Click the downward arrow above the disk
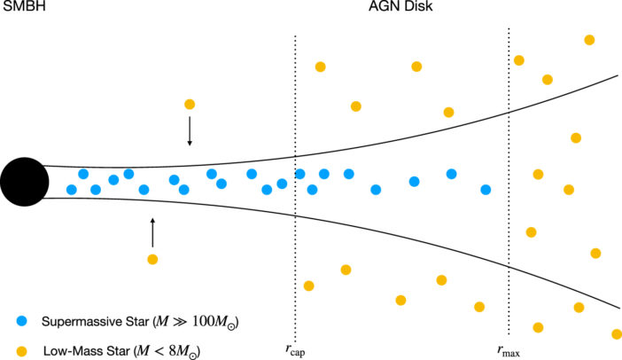[x=189, y=130]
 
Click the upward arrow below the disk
[x=152, y=231]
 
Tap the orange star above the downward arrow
[x=189, y=104]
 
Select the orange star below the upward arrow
[x=152, y=259]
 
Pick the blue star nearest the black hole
[x=72, y=189]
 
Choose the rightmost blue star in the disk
[x=486, y=189]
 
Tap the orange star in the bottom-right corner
[x=617, y=334]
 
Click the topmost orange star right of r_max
[x=589, y=40]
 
